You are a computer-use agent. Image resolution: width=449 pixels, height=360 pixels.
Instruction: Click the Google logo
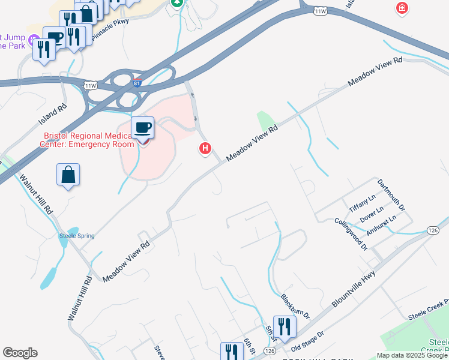(x=20, y=353)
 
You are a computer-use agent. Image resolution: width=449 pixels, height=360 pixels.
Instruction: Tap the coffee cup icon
(x=143, y=128)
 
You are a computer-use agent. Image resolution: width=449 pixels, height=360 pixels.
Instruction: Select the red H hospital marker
(x=205, y=148)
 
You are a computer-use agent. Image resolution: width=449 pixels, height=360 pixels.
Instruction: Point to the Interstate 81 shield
(x=137, y=83)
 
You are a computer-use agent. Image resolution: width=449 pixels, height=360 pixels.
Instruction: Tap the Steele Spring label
(x=76, y=236)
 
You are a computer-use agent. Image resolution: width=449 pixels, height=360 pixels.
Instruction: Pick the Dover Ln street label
(x=372, y=212)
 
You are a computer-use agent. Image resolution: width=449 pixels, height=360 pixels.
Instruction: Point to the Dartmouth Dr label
(x=391, y=194)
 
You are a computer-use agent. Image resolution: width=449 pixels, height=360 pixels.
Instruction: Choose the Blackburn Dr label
(x=295, y=306)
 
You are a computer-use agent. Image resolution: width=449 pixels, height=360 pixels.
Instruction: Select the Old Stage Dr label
(x=307, y=340)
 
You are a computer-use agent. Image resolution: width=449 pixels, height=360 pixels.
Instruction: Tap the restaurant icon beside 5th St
(x=284, y=327)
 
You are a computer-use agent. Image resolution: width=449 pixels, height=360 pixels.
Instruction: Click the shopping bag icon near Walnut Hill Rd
(x=68, y=175)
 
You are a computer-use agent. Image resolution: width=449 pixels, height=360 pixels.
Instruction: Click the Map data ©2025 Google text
(x=412, y=355)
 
